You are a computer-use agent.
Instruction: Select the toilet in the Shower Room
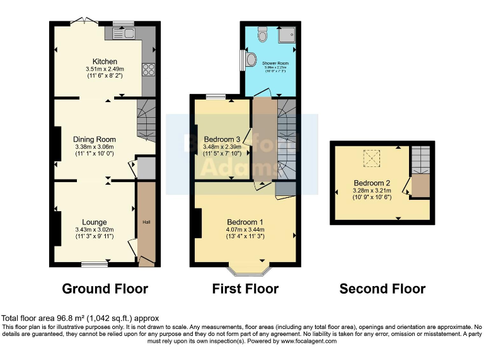[263, 35]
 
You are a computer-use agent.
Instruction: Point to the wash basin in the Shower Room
[251, 60]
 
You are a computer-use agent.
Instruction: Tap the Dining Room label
[95, 139]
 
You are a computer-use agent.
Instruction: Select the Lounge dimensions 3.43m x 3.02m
[95, 230]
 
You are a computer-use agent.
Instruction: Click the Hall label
[146, 222]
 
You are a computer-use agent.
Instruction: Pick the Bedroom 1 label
[245, 222]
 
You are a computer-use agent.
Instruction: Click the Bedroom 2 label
[372, 183]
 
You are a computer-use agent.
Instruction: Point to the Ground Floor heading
[105, 289]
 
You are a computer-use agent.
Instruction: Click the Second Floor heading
[382, 289]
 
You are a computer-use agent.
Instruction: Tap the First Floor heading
[245, 289]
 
